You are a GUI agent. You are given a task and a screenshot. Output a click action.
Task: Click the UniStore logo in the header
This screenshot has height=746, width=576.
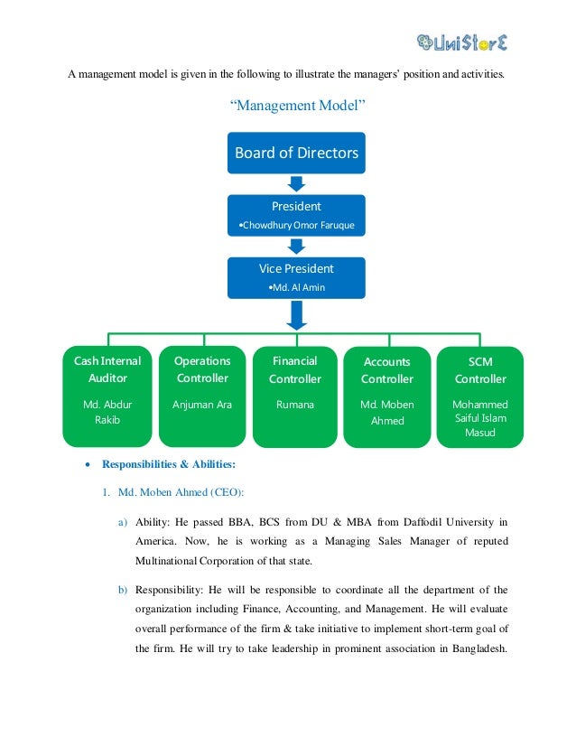click(462, 41)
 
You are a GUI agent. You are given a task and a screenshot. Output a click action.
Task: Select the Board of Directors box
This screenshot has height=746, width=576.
click(296, 153)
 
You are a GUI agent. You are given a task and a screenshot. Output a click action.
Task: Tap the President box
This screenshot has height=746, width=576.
click(296, 215)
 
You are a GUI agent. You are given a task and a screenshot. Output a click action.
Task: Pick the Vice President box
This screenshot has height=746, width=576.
click(296, 277)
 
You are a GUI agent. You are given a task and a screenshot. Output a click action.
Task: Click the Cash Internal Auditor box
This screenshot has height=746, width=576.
click(107, 396)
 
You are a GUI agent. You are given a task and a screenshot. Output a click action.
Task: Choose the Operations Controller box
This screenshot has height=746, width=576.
click(201, 396)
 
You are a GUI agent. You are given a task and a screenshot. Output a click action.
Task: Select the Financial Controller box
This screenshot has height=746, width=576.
click(295, 396)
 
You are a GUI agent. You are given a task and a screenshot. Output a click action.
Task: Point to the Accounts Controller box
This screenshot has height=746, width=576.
click(386, 396)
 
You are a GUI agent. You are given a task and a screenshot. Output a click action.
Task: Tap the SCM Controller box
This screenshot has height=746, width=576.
click(479, 396)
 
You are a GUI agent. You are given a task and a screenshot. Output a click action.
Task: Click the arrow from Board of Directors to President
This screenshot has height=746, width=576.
click(296, 184)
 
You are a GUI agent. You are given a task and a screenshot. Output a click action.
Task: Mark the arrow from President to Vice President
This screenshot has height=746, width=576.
click(296, 247)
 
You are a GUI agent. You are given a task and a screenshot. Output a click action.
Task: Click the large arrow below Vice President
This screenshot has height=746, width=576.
click(296, 314)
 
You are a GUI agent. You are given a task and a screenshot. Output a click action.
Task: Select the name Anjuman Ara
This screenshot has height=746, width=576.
click(201, 405)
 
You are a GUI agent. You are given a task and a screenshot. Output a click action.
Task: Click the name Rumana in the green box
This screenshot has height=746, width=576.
click(295, 405)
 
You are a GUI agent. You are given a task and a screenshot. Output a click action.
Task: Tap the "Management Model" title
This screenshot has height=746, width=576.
click(297, 107)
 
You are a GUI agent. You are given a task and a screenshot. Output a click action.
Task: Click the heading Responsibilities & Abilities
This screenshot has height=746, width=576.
click(168, 465)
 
